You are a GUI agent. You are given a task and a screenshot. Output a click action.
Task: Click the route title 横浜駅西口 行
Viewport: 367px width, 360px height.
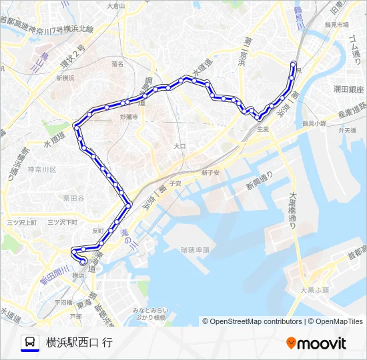pyautogui.click(x=79, y=343)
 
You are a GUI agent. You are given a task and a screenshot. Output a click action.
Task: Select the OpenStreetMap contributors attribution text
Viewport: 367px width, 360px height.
pyautogui.click(x=252, y=321)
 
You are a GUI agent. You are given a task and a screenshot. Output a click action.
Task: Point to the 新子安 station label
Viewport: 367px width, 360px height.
pyautogui.click(x=210, y=172)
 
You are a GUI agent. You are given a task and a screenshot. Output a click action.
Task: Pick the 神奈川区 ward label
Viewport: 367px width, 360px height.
pyautogui.click(x=42, y=169)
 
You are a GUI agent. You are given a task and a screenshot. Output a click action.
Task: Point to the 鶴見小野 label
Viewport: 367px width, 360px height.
pyautogui.click(x=314, y=123)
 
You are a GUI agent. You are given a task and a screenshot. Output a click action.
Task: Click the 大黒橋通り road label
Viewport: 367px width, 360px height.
pyautogui.click(x=293, y=211)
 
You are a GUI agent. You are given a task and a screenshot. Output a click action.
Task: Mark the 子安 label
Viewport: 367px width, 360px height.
pyautogui.click(x=175, y=182)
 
